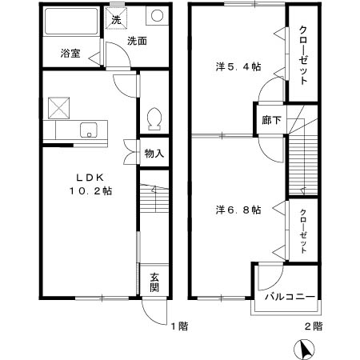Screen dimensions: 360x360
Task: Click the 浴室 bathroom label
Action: coord(70,54)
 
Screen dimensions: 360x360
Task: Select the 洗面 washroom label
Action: coord(137,42)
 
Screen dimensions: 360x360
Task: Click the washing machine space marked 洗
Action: coord(117,19)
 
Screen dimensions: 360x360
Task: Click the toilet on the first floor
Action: coord(154,118)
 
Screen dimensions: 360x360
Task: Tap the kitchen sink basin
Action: coord(88,129)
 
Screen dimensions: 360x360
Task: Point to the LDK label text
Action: coord(88,178)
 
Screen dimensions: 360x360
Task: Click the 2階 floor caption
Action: coord(313,326)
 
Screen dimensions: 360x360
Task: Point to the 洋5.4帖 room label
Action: coord(238,67)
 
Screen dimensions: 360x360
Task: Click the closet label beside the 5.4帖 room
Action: coord(304,56)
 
